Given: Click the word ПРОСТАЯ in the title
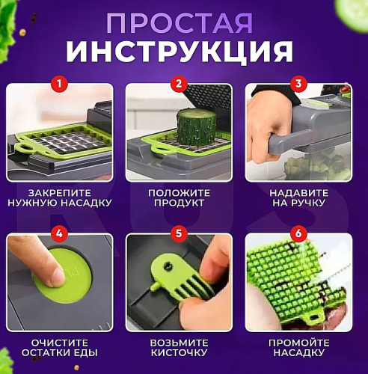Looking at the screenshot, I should (x=183, y=22).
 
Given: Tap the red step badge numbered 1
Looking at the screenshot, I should (x=59, y=84).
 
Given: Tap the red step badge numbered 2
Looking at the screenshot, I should (x=178, y=84).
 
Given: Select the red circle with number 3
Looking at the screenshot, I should (x=298, y=84).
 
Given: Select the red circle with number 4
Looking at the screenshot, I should (x=59, y=234).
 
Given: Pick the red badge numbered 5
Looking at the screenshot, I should (x=178, y=234).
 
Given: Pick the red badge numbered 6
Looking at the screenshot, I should (x=298, y=234).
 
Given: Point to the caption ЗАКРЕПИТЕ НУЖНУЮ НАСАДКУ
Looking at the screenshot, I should (x=59, y=197).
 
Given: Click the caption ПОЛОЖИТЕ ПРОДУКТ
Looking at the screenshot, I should (x=178, y=197).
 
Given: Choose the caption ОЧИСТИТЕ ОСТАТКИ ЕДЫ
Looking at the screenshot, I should (x=59, y=347).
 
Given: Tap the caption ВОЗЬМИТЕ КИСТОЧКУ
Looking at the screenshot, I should (x=178, y=347).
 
